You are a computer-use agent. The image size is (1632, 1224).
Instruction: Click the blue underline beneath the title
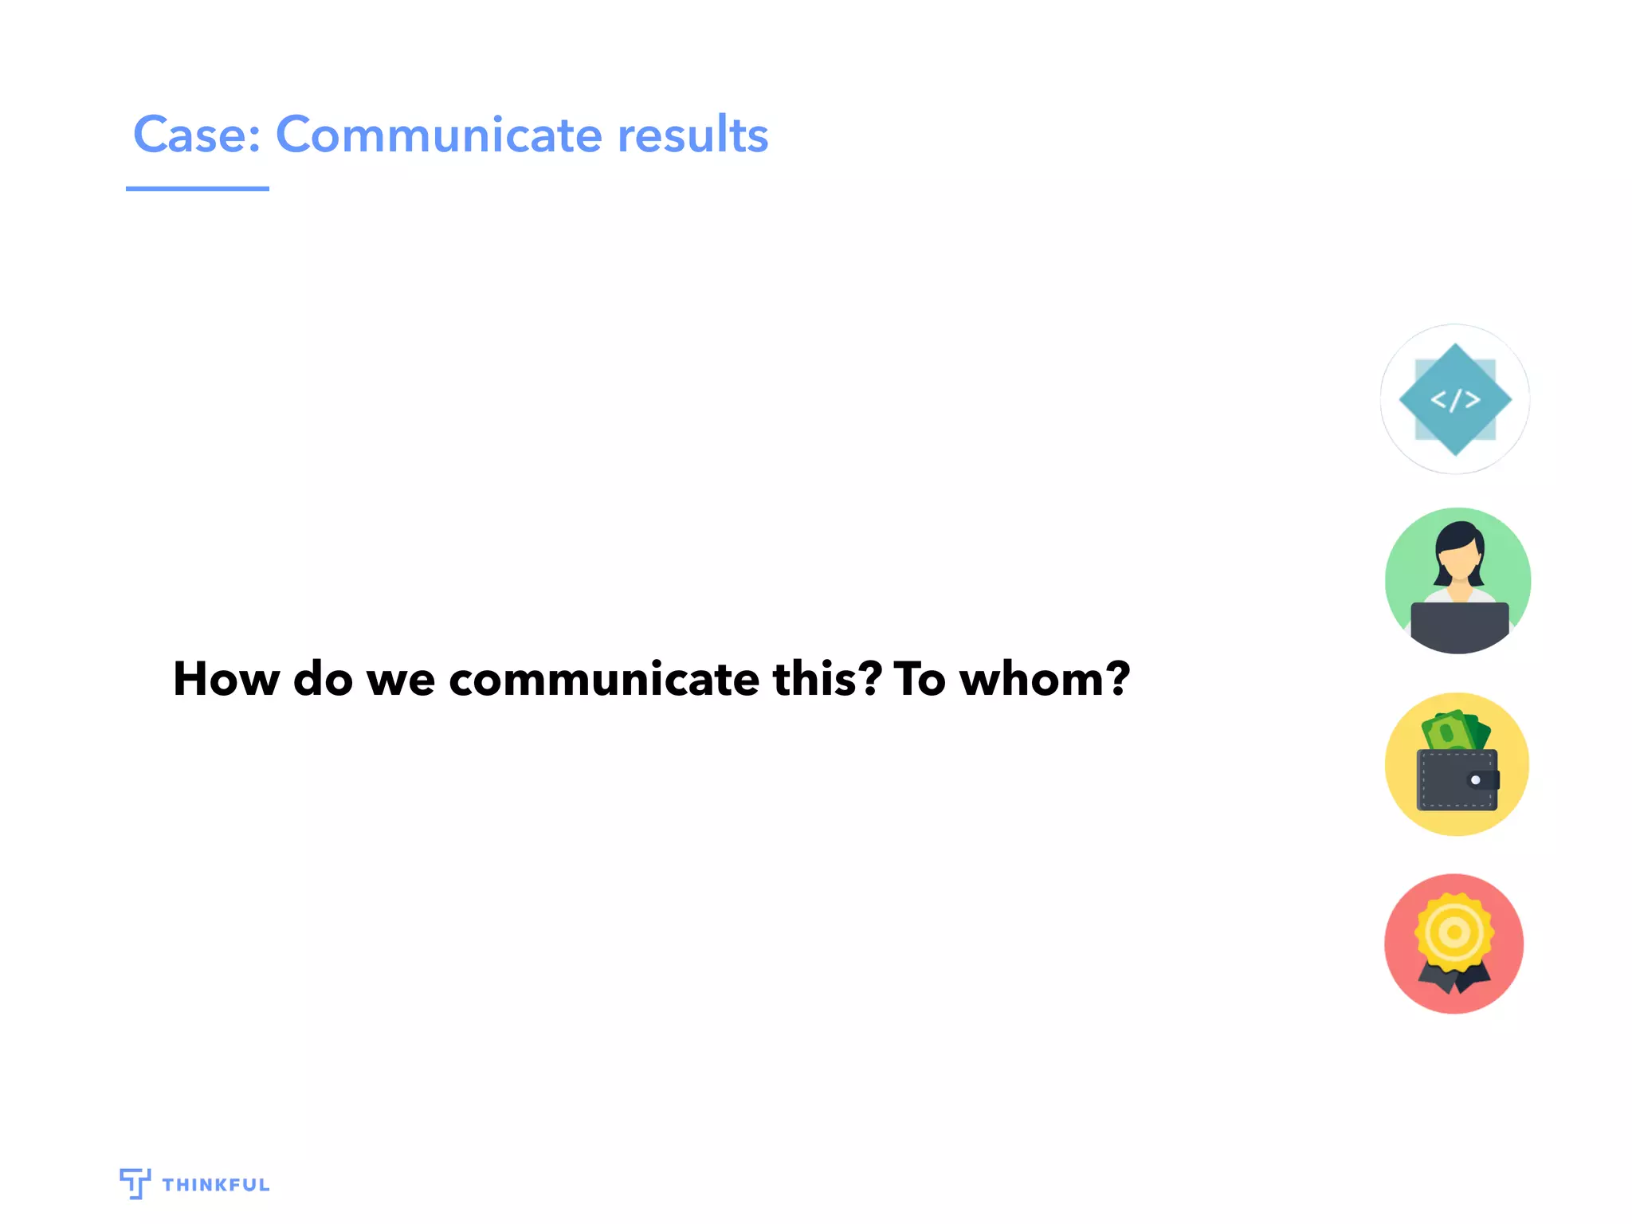pyautogui.click(x=197, y=189)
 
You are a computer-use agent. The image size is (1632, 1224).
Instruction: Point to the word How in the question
pyautogui.click(x=226, y=679)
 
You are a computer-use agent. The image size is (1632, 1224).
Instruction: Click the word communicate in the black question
pyautogui.click(x=603, y=679)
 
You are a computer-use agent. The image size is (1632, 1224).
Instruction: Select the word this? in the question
pyautogui.click(x=827, y=679)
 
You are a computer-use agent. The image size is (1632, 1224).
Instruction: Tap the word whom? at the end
pyautogui.click(x=1044, y=679)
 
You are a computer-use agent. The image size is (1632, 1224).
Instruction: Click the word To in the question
pyautogui.click(x=920, y=679)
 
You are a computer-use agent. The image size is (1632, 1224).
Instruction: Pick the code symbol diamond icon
pyautogui.click(x=1455, y=399)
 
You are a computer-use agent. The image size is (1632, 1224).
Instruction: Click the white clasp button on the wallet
pyautogui.click(x=1475, y=780)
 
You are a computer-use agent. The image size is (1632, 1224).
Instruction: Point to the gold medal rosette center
pyautogui.click(x=1454, y=932)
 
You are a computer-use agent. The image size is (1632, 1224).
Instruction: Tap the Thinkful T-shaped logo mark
pyautogui.click(x=135, y=1183)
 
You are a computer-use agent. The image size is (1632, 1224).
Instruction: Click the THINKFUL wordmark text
pyautogui.click(x=216, y=1185)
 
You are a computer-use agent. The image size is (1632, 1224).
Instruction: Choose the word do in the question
pyautogui.click(x=323, y=679)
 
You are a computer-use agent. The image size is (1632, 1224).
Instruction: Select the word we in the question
pyautogui.click(x=400, y=679)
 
